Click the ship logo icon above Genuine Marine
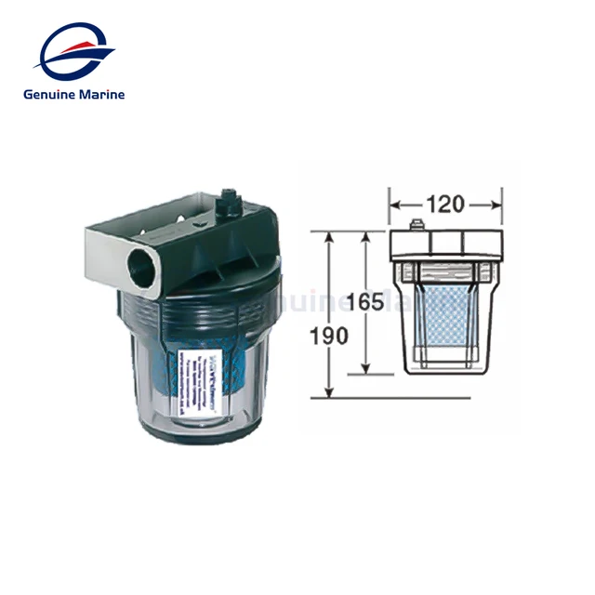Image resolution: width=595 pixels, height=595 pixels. pyautogui.click(x=74, y=52)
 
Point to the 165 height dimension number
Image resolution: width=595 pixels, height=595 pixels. pyautogui.click(x=364, y=302)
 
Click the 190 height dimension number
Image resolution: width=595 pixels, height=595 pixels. pyautogui.click(x=330, y=336)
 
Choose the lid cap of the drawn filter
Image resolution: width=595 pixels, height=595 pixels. pyautogui.click(x=444, y=245)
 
